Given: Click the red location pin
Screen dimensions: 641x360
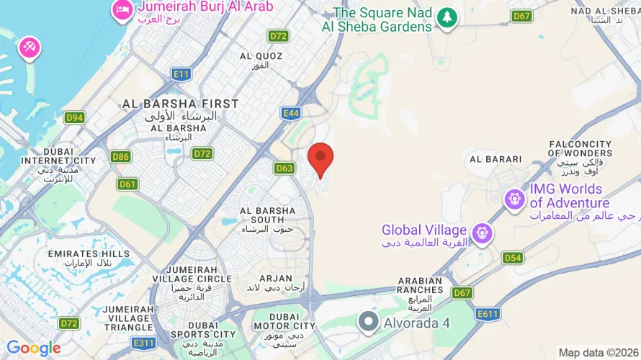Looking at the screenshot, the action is tap(320, 158).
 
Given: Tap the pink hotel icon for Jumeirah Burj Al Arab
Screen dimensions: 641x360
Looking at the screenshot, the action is tap(120, 9).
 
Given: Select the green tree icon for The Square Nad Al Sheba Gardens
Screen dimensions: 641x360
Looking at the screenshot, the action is tap(448, 17).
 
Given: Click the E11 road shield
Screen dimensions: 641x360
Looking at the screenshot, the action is tap(181, 73).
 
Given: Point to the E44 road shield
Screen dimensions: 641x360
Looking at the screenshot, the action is tap(291, 113).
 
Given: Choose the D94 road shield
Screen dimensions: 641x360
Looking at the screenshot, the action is tap(74, 117).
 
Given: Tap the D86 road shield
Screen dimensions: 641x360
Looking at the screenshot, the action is tap(121, 156).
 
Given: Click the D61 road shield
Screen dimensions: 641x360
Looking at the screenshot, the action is tap(127, 184).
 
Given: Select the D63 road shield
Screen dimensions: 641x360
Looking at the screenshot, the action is tap(284, 168).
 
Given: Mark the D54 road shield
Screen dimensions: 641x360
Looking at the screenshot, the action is tap(512, 258).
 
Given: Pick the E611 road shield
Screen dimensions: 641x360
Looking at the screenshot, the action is tap(488, 314).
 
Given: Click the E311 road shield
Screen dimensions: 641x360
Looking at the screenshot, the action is tap(144, 343).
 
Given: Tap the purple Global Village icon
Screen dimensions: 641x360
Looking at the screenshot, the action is tap(482, 232).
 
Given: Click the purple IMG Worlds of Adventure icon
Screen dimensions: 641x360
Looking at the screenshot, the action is tap(514, 198).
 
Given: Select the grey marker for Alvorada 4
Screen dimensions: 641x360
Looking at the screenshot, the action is tap(369, 322).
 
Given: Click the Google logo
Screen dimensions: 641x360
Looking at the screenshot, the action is tap(34, 348).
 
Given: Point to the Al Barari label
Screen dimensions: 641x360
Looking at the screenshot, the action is tap(495, 158).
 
